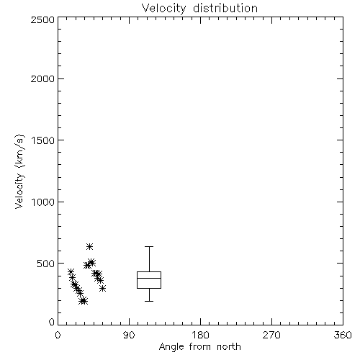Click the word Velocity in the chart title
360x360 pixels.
pos(163,9)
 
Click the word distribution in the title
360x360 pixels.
pos(225,8)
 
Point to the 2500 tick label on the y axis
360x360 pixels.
pos(42,19)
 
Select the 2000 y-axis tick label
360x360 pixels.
pos(42,78)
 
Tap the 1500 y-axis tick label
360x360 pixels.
pos(43,140)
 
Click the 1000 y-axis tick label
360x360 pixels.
pos(43,202)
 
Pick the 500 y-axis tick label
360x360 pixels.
pos(46,264)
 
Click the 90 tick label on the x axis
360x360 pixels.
pos(129,335)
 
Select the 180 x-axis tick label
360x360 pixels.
pos(200,335)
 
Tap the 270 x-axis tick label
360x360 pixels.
pos(271,335)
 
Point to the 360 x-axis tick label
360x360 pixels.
pos(343,335)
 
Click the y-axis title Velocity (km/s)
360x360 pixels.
pos(19,171)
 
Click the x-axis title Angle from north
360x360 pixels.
pos(200,347)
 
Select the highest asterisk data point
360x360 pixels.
pos(89,246)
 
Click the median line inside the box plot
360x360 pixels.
pos(149,278)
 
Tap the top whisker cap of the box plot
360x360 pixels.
pos(149,246)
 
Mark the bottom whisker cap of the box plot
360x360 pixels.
pos(149,301)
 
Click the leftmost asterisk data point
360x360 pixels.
pos(71,271)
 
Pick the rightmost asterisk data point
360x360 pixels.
pos(103,289)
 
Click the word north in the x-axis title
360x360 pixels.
pos(229,346)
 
